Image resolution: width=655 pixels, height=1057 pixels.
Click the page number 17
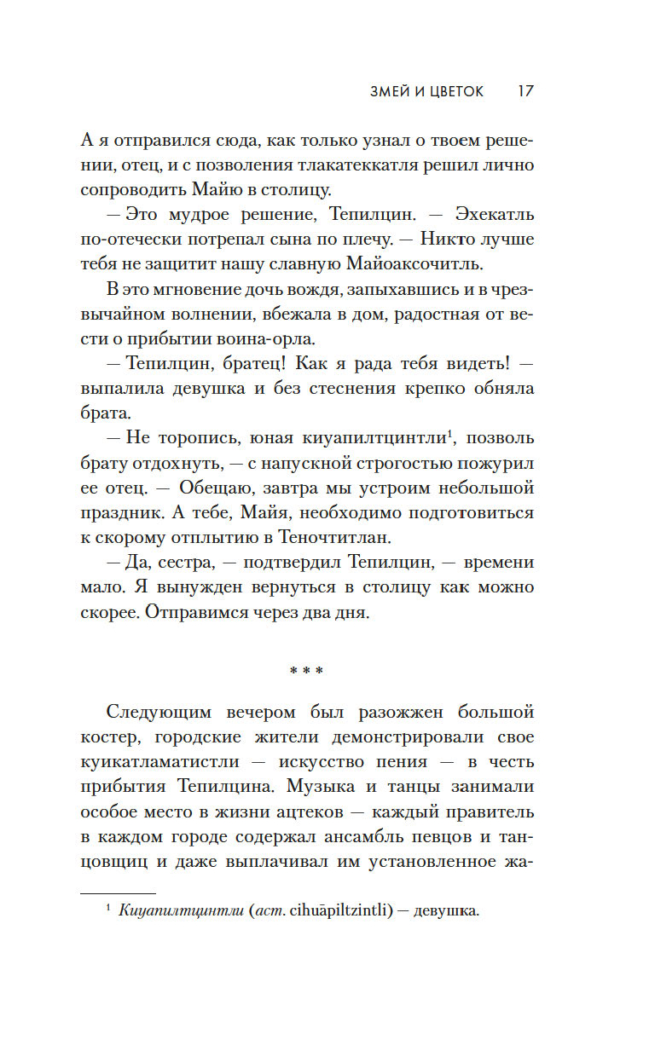[525, 91]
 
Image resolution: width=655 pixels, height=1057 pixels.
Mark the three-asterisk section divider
[306, 671]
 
